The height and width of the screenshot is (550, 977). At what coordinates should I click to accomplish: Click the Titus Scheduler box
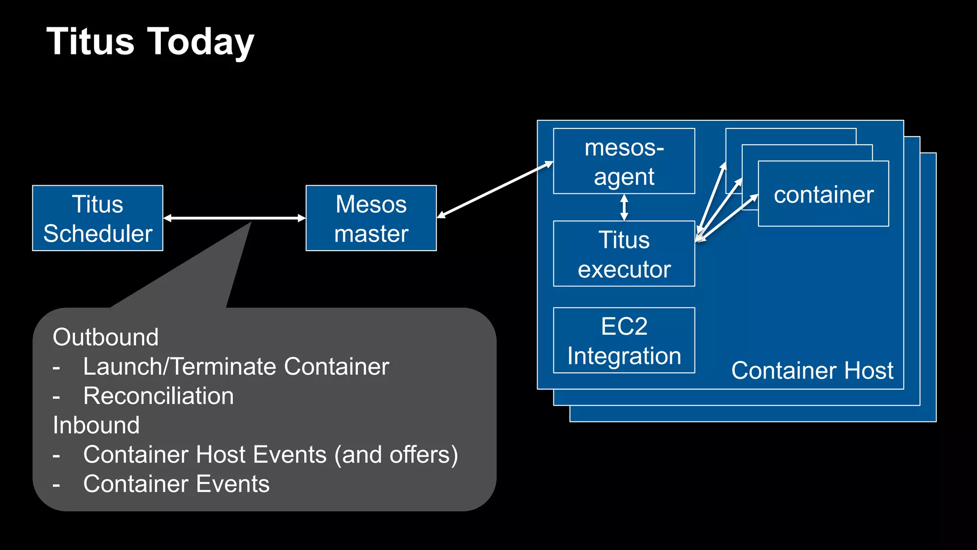[x=97, y=218]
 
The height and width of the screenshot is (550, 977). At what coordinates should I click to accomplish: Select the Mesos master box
[x=371, y=218]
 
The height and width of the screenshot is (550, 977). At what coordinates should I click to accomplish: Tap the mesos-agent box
[x=624, y=161]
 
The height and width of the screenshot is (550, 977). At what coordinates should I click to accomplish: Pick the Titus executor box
[x=624, y=254]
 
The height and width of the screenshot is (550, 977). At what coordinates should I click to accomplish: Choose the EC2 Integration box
[x=624, y=340]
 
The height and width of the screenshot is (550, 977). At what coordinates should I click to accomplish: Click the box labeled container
[x=823, y=194]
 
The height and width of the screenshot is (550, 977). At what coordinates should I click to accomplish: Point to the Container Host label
[x=812, y=370]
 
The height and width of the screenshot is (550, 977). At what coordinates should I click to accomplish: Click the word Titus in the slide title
[x=91, y=42]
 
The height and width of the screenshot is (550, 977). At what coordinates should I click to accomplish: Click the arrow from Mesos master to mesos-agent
[x=495, y=190]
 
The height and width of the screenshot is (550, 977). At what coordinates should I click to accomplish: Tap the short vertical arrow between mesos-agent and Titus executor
[x=624, y=207]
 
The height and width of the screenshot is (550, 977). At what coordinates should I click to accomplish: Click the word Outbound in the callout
[x=105, y=337]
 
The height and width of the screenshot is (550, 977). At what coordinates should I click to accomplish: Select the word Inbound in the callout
[x=96, y=425]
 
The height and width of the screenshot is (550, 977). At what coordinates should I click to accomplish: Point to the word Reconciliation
[x=158, y=396]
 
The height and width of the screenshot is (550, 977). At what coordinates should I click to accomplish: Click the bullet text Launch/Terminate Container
[x=236, y=367]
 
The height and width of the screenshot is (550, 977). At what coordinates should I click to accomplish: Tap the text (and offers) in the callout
[x=396, y=455]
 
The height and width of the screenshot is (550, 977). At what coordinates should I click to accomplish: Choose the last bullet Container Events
[x=176, y=484]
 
